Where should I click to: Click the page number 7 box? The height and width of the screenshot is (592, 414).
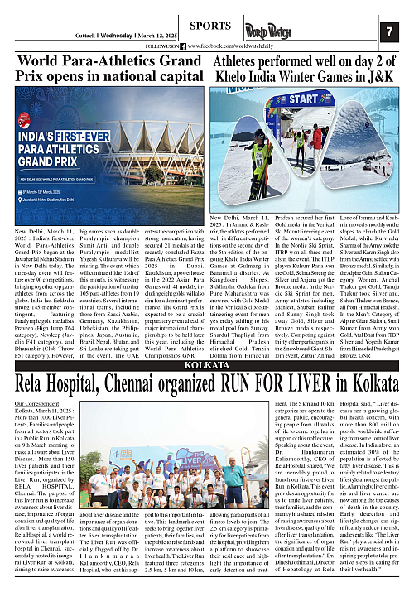click(388, 31)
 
